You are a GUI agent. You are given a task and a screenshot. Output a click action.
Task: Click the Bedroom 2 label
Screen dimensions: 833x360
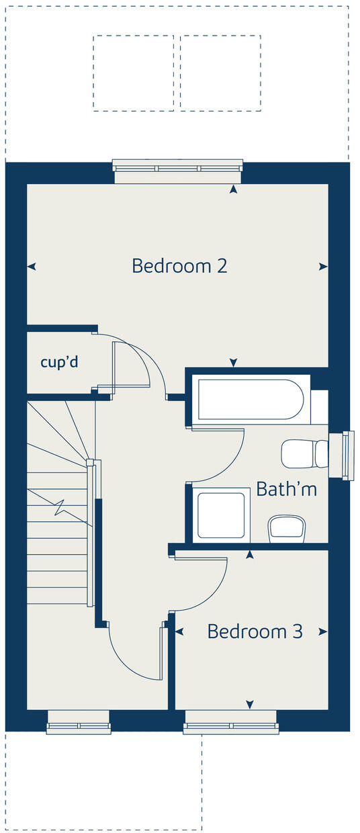(179, 266)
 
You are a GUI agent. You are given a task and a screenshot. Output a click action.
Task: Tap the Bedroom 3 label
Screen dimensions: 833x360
(255, 631)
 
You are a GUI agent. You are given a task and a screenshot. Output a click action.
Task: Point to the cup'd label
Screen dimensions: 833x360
(59, 362)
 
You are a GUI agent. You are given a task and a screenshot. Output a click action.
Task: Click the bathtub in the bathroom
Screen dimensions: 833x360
(251, 400)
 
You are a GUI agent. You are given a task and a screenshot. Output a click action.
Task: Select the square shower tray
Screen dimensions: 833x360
(221, 515)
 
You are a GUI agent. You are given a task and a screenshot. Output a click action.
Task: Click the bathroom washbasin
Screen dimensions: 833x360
(287, 529)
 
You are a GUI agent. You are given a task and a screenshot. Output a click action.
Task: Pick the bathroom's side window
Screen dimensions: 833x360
(347, 455)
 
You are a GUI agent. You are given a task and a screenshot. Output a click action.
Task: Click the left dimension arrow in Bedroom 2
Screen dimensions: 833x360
(31, 267)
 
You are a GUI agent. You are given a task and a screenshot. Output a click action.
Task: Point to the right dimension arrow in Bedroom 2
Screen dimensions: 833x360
(324, 267)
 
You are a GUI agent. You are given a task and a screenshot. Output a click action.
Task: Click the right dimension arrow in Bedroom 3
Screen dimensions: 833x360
(324, 631)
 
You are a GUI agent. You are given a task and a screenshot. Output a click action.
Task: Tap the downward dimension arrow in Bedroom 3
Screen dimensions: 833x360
(250, 704)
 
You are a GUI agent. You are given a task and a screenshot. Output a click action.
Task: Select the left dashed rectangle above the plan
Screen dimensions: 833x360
(133, 73)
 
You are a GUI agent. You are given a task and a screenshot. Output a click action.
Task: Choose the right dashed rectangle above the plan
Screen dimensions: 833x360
(220, 73)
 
